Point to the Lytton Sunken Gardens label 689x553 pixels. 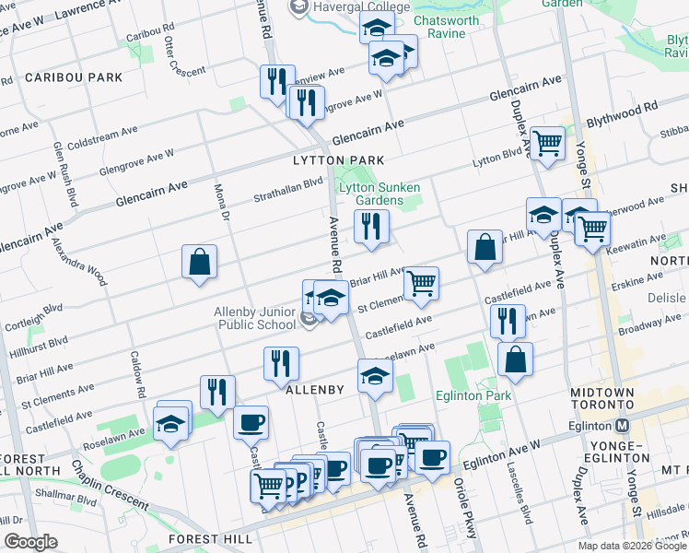click(372, 194)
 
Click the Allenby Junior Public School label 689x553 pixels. click(255, 318)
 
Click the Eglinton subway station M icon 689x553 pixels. click(622, 426)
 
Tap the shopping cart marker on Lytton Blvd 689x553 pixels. click(547, 144)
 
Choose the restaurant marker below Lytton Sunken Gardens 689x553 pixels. click(371, 228)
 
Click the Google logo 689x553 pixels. click(31, 542)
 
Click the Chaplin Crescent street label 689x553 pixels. click(109, 486)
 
